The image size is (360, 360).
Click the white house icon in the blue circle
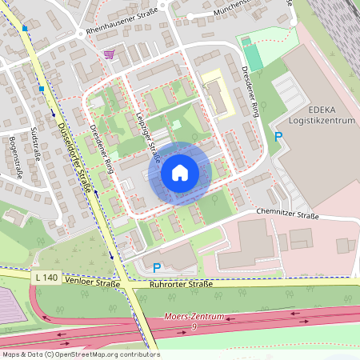[180, 173]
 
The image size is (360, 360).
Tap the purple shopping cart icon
[109, 54]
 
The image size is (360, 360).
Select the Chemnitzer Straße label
[288, 214]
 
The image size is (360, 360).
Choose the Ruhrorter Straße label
[182, 283]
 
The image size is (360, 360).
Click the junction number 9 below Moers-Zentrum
[194, 327]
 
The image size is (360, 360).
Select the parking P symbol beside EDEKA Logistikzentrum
[278, 137]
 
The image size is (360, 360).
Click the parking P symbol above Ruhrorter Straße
[157, 268]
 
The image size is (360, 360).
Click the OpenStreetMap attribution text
[80, 354]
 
